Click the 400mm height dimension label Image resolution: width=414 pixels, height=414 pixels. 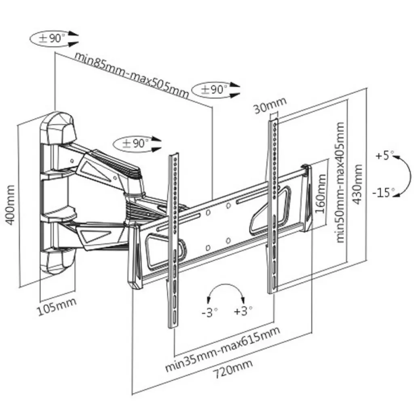point(11,205)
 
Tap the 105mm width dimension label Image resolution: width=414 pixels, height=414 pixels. point(57,306)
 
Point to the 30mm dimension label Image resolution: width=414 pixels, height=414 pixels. point(270,105)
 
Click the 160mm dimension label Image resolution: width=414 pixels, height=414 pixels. point(321,194)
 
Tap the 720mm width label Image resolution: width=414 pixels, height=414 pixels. point(233,369)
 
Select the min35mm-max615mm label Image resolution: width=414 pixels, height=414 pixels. point(222,349)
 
